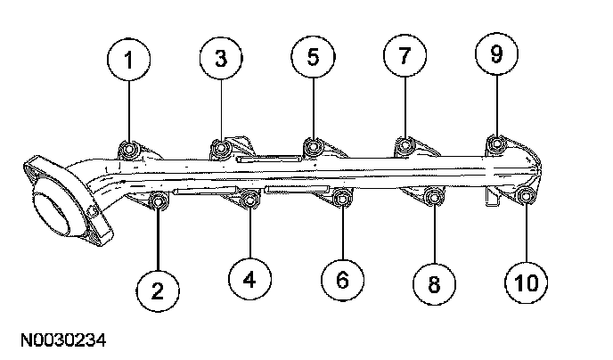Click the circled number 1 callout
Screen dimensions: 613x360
click(128, 60)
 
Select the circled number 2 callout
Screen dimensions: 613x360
click(158, 290)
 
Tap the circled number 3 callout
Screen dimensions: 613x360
click(221, 58)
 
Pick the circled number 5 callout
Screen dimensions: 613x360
click(313, 56)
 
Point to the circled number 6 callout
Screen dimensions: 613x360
click(342, 280)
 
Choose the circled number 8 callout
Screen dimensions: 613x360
click(434, 283)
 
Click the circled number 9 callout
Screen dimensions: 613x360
click(496, 53)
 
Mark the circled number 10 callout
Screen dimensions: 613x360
click(527, 282)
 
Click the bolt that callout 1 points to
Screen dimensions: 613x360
click(128, 150)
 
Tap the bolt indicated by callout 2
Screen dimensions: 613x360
click(159, 201)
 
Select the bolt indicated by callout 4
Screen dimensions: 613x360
click(249, 200)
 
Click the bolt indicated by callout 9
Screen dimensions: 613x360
click(496, 143)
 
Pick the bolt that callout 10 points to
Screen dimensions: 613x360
click(526, 195)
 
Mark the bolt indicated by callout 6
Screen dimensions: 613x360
click(342, 199)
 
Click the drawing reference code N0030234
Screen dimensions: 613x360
click(63, 340)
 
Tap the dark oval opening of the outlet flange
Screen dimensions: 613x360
click(50, 214)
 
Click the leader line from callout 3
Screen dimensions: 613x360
click(221, 110)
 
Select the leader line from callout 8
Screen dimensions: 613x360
click(434, 233)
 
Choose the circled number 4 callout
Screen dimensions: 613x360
click(249, 279)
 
